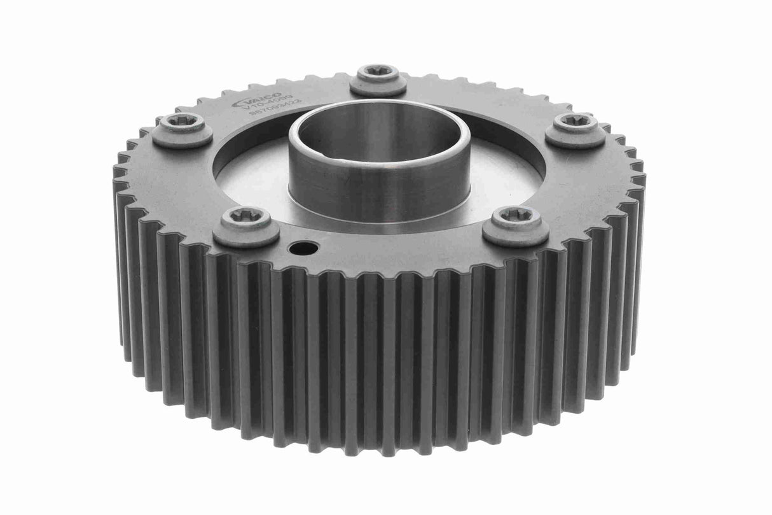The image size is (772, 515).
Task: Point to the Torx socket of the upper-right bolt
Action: pyautogui.click(x=575, y=121)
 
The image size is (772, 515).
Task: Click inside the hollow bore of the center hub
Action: pyautogui.click(x=378, y=137)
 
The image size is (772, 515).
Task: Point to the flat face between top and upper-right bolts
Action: pyautogui.click(x=483, y=95)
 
